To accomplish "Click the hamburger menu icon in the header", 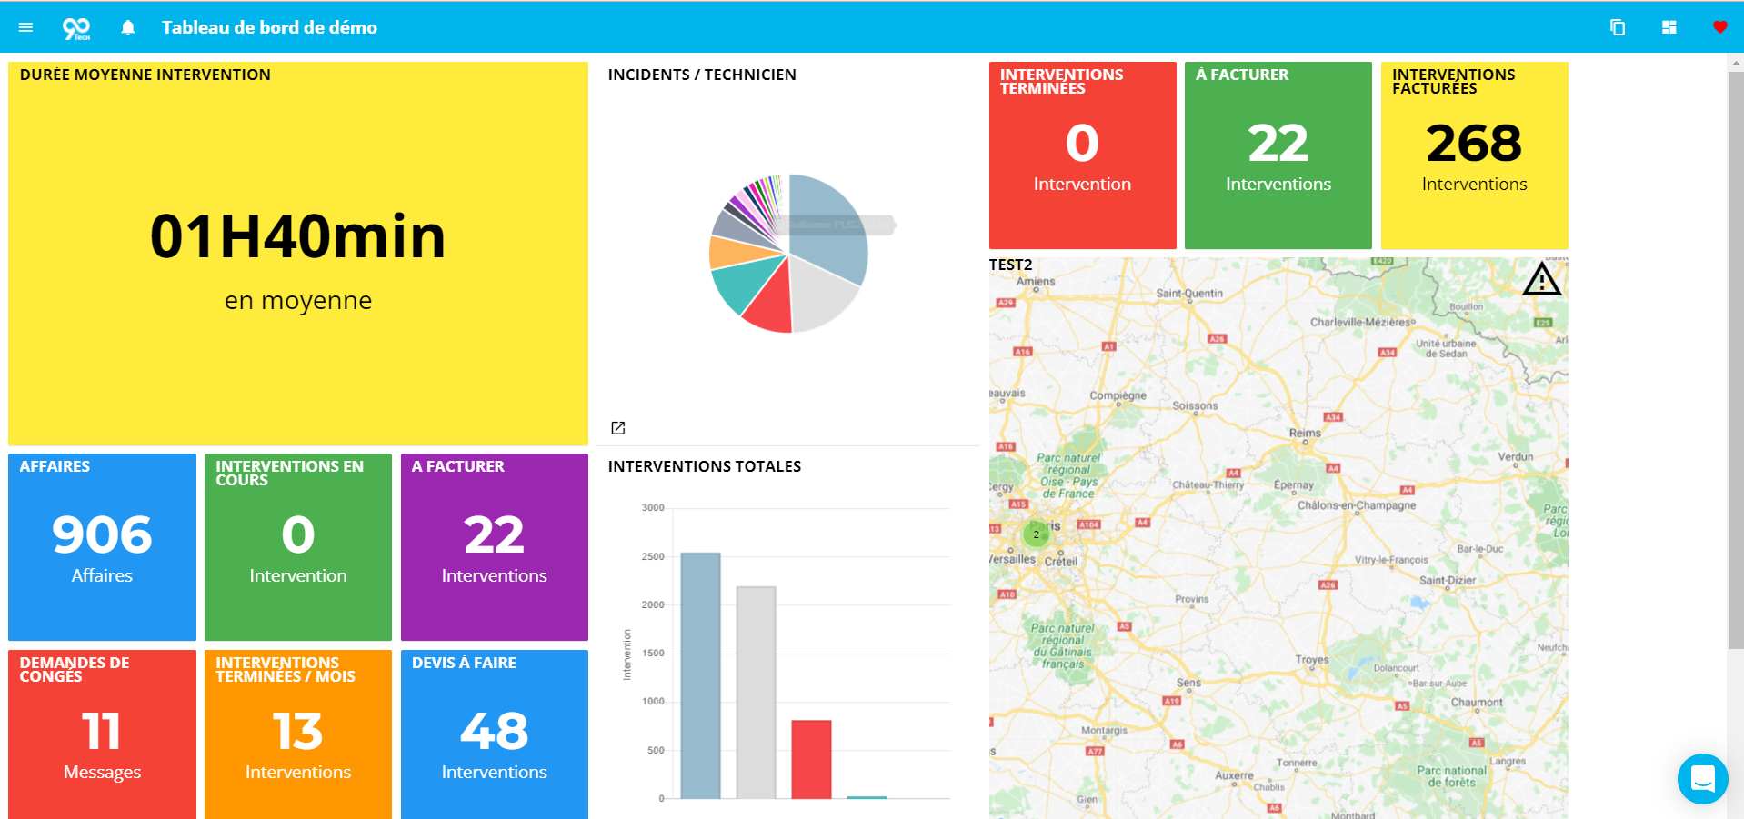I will [25, 27].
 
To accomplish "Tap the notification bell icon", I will [128, 27].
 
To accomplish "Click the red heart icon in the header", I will [1719, 27].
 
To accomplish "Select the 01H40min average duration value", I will [297, 237].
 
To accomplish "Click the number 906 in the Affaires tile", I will [102, 534].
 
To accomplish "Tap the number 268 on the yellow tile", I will [1473, 144].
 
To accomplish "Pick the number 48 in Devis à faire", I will [494, 731].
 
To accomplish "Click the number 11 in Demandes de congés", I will [101, 731].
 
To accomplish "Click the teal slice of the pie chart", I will [737, 283].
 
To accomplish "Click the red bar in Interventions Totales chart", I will [811, 759].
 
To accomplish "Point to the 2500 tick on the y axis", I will [653, 556].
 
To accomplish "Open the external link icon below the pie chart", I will [618, 428].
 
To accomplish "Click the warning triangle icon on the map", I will [1541, 280].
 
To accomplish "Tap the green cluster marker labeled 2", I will [1036, 534].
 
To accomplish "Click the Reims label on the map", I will [1305, 433].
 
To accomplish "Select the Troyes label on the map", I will [1311, 659].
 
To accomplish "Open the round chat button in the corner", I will [1702, 779].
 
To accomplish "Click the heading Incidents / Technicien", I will [702, 75].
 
